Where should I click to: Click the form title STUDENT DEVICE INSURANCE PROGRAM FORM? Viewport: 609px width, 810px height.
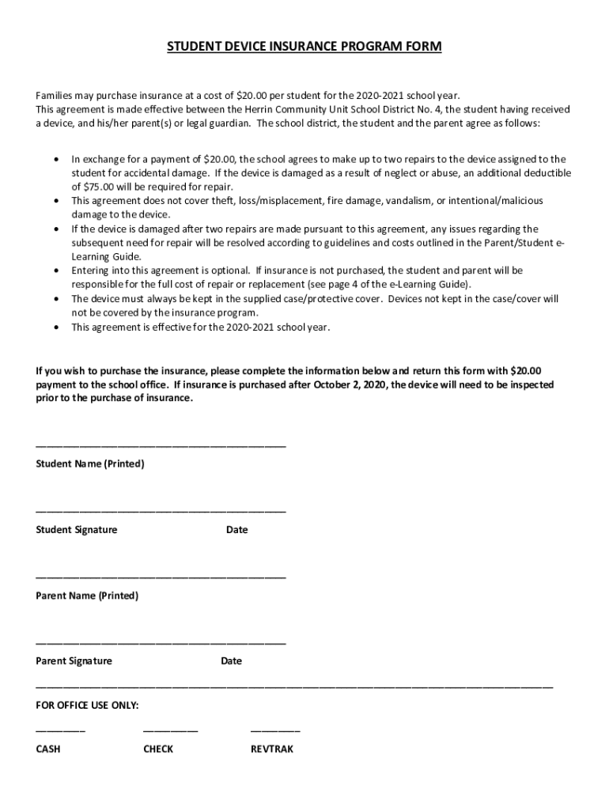pos(304,47)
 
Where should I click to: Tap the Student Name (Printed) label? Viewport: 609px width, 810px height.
pos(90,464)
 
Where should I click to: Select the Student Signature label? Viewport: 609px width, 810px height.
pos(77,529)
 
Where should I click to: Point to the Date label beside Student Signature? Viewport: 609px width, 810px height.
pos(236,529)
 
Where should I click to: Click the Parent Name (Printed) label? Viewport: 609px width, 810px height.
pos(87,595)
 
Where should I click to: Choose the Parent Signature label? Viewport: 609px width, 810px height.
pos(74,660)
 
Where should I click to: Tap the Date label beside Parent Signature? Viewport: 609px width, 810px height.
pos(232,660)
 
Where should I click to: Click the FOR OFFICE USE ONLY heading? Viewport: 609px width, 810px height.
pos(88,704)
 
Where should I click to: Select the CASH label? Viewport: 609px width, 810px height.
pos(48,748)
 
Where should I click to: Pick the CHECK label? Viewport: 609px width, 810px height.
pos(158,748)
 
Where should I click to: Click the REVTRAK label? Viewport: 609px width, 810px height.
pos(271,748)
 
